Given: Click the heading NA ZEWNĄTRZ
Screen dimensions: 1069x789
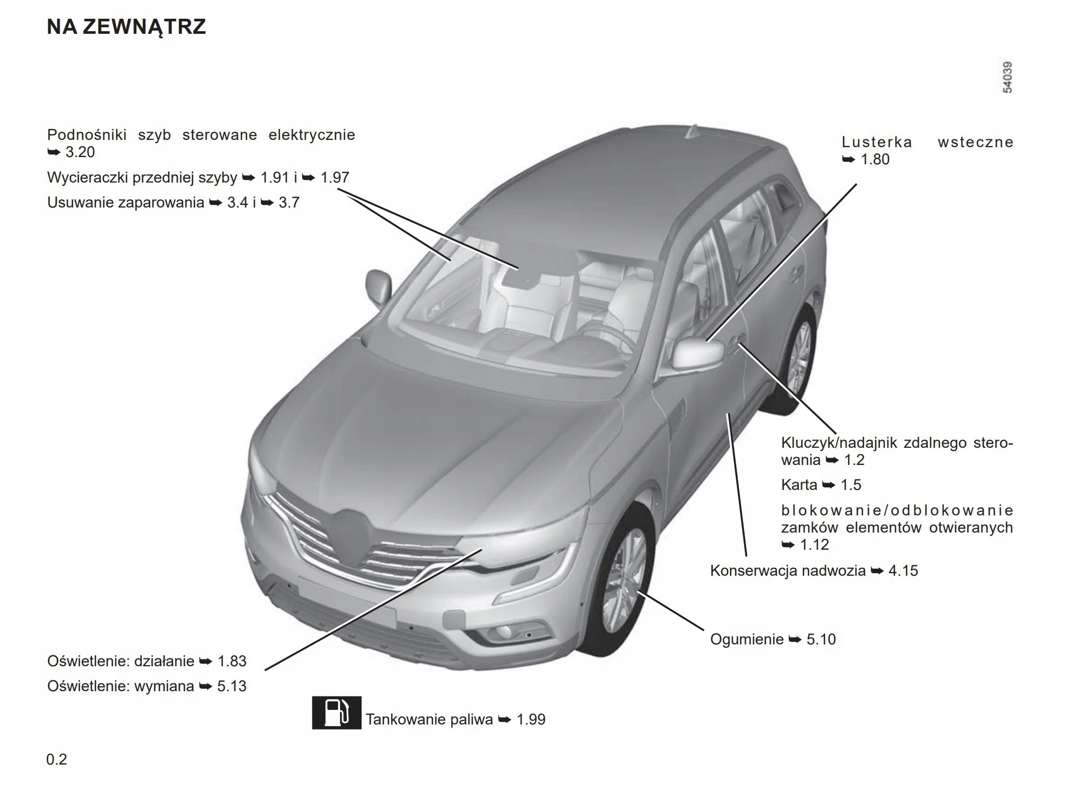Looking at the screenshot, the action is tap(126, 27).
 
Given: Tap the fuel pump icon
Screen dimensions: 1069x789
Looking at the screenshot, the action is tap(336, 713).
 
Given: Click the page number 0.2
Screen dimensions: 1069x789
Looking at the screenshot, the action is tap(57, 759).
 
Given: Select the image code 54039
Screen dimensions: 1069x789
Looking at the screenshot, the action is tap(1007, 77).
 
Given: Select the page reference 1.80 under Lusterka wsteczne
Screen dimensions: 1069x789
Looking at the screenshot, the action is tap(875, 160).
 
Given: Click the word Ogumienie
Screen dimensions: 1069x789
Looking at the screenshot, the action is tap(747, 639).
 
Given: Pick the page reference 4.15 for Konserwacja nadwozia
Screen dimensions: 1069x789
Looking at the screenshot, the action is tap(903, 571).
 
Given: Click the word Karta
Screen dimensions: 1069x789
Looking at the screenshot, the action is tap(799, 485).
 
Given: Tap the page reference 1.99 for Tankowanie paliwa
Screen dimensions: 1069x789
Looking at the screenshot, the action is tap(531, 719).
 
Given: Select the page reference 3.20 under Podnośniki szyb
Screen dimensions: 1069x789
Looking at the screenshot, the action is tap(80, 152).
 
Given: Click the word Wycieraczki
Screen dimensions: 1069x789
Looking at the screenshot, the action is tap(87, 178).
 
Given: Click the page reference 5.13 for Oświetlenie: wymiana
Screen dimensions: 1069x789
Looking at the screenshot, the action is tap(231, 686).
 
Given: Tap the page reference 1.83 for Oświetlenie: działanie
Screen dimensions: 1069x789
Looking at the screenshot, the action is tap(231, 661).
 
